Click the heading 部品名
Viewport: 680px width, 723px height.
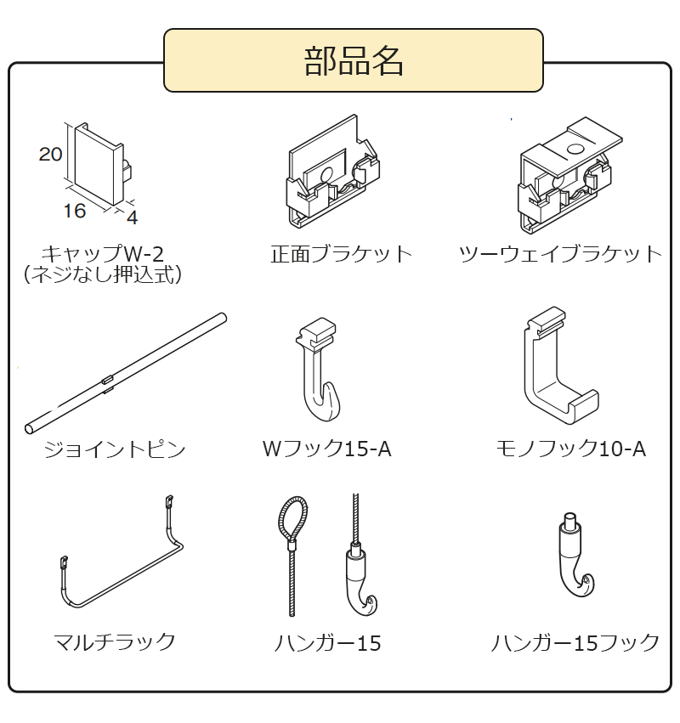pyautogui.click(x=354, y=61)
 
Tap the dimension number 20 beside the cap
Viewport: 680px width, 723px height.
pyautogui.click(x=50, y=154)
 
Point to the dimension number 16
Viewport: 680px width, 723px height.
pyautogui.click(x=75, y=211)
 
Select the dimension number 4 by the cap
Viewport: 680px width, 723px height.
pyautogui.click(x=132, y=217)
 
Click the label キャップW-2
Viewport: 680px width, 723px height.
pyautogui.click(x=102, y=254)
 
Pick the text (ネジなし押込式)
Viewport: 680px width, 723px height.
pyautogui.click(x=102, y=274)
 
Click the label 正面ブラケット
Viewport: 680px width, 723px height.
pyautogui.click(x=341, y=254)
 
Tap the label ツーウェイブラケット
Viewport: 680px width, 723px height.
pyautogui.click(x=560, y=254)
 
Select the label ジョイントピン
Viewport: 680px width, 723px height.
pyautogui.click(x=115, y=449)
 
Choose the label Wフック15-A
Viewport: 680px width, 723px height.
pyautogui.click(x=327, y=449)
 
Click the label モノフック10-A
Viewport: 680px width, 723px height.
pyautogui.click(x=570, y=449)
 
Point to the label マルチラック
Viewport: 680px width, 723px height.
pyautogui.click(x=115, y=641)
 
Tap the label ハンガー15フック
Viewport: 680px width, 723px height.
pyautogui.click(x=575, y=642)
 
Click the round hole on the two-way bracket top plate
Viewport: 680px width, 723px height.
pyautogui.click(x=575, y=149)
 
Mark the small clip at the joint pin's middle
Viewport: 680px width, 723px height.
pyautogui.click(x=108, y=381)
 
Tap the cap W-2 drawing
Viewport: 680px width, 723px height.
pyautogui.click(x=99, y=164)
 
